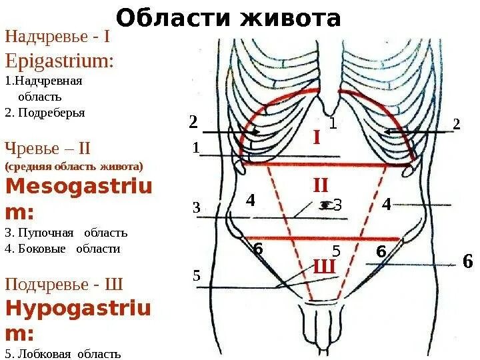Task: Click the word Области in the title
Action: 170,18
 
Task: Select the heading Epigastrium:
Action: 59,61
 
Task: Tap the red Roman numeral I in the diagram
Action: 317,138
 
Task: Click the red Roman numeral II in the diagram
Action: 321,185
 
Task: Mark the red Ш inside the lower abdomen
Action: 323,267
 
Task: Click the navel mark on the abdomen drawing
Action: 325,205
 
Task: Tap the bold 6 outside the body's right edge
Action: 467,261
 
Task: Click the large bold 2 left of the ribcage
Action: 193,122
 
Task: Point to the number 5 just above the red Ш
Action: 336,252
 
